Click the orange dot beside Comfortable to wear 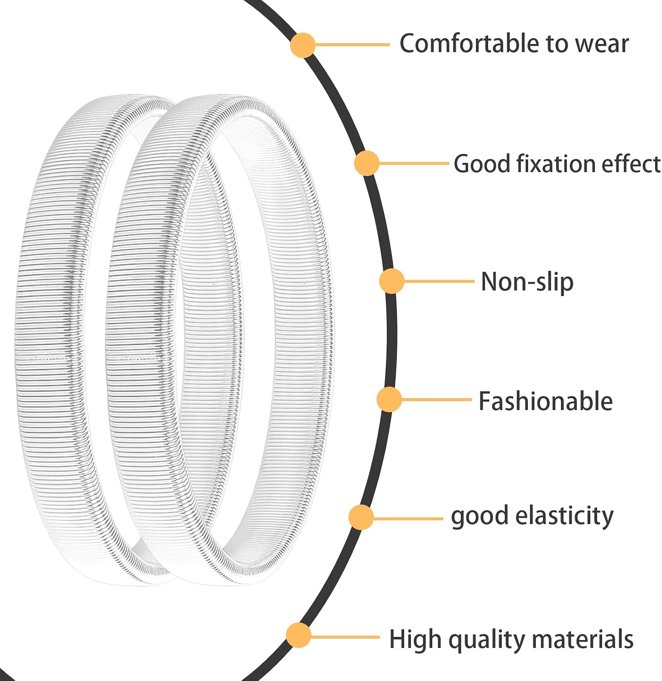(302, 45)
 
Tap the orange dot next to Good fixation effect (366, 163)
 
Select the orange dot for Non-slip (391, 281)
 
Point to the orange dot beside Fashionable (389, 400)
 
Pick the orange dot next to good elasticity (361, 518)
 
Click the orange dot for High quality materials (298, 635)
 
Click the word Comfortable (470, 44)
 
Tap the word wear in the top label (602, 44)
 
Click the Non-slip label (527, 282)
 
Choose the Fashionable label (546, 401)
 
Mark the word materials (583, 639)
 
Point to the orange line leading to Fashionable (437, 400)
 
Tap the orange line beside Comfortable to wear (352, 45)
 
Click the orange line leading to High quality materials (345, 637)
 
